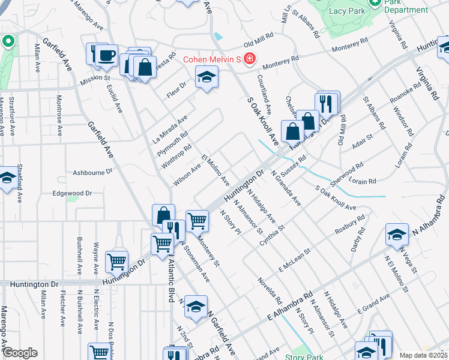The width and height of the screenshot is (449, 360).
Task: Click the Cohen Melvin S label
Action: point(212,59)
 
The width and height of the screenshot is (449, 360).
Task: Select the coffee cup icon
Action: point(107,56)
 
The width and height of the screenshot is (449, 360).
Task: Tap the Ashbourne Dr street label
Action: point(93,172)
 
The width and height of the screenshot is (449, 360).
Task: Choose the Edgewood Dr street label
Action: point(72,193)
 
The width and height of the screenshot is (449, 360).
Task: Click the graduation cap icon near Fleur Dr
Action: point(206,77)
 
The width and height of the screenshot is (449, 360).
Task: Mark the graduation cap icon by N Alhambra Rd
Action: point(397,235)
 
